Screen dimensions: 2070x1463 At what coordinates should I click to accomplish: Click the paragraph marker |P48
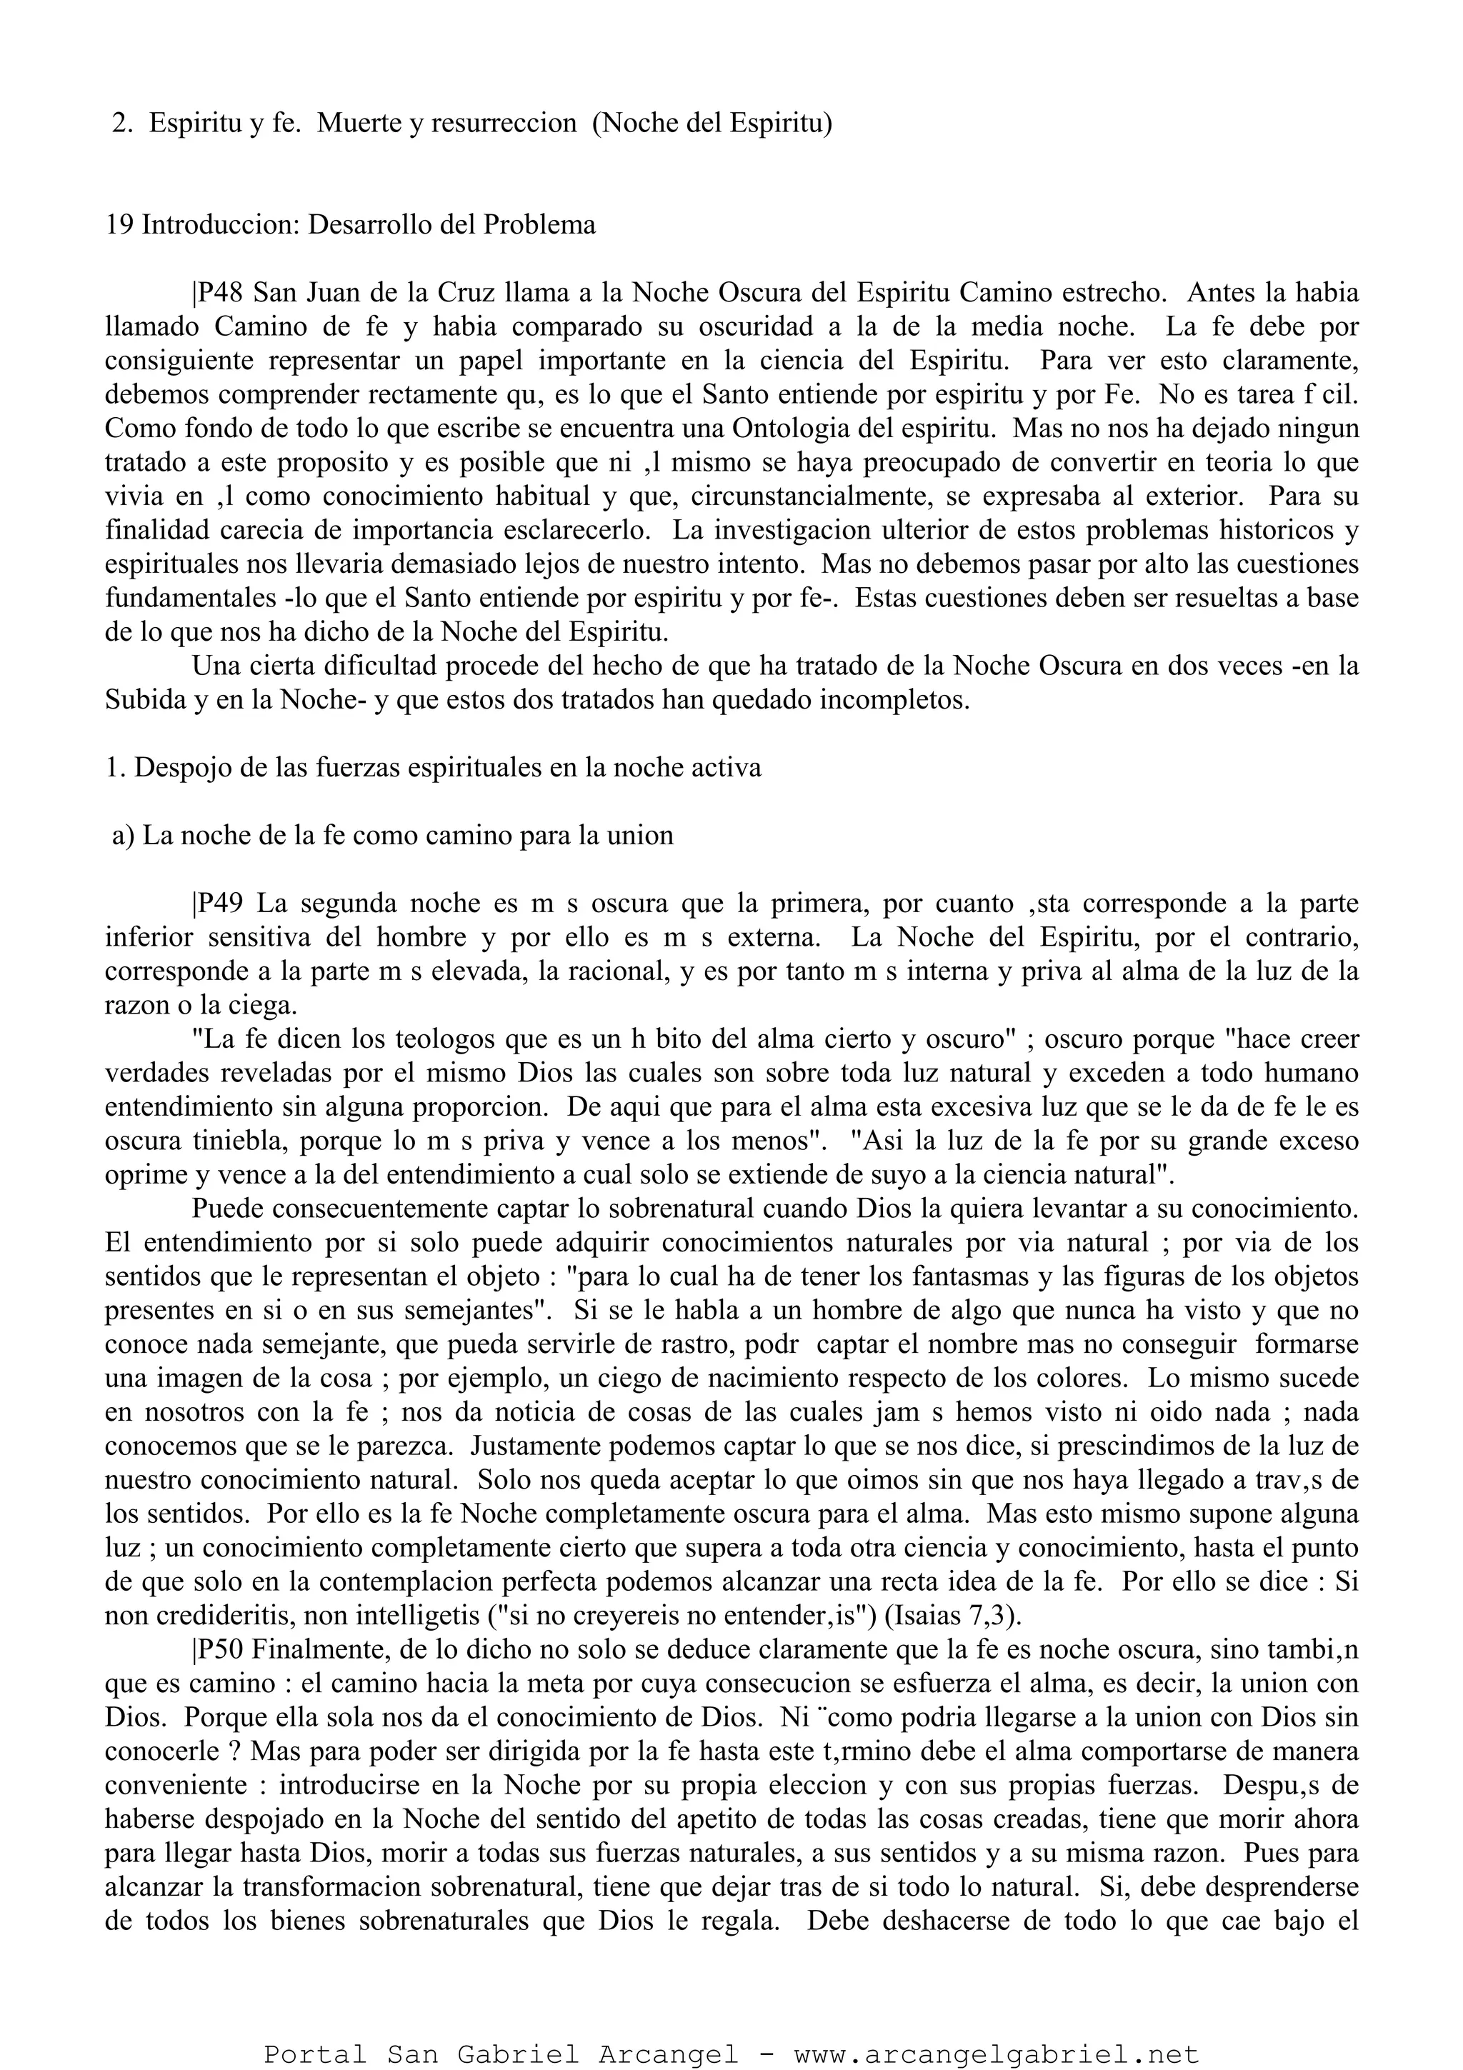(x=217, y=293)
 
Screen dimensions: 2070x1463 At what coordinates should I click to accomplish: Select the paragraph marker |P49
(x=217, y=902)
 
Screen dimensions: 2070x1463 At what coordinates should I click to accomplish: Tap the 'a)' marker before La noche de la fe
(x=124, y=835)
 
